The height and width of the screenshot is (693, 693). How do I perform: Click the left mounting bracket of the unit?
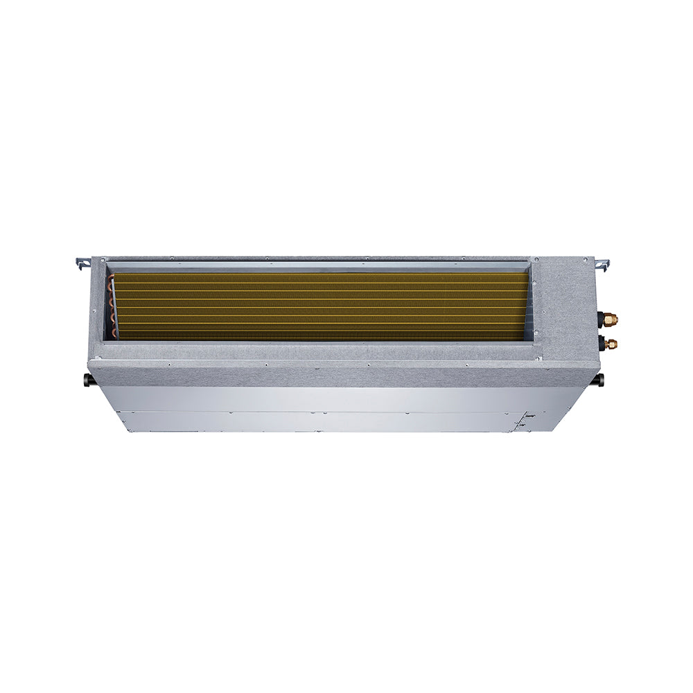point(82,263)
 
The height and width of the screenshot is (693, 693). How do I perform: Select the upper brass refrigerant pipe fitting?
point(611,319)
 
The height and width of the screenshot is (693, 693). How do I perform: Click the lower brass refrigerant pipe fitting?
point(611,342)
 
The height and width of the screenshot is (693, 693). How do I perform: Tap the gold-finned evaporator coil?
point(319,306)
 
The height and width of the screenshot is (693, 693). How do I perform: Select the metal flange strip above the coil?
point(319,265)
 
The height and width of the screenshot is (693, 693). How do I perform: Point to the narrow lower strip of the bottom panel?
point(319,422)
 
